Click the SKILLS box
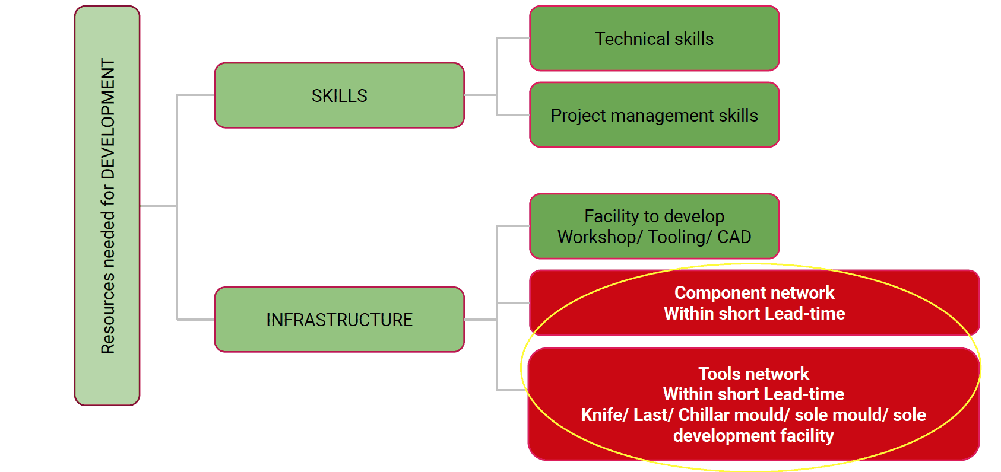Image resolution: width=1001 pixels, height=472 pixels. pos(339,95)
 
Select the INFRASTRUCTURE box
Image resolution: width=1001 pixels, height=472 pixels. pos(339,320)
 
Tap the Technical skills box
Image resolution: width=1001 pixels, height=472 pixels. pos(654,39)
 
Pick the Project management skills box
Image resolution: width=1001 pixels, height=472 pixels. pos(654,114)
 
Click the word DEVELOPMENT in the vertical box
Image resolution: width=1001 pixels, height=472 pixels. pos(107,118)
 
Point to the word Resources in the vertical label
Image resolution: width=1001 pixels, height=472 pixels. pos(107,314)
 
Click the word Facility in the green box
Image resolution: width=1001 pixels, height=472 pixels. pos(612,217)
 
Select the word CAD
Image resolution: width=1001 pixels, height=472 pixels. pos(734,237)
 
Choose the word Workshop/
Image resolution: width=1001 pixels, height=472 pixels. pos(600,237)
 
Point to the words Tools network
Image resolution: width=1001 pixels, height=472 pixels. pos(754,374)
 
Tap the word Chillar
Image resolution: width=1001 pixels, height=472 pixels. pos(704,415)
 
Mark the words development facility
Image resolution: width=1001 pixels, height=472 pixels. pos(754,436)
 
